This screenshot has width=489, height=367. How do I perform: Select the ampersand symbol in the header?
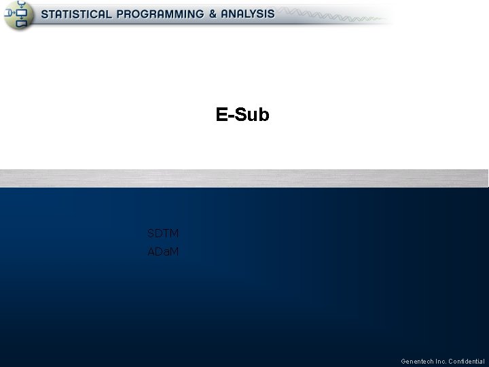click(x=213, y=14)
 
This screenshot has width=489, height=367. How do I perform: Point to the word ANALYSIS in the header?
click(x=248, y=14)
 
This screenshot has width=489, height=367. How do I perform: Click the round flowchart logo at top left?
click(x=18, y=15)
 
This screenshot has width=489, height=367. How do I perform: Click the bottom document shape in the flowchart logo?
click(x=22, y=24)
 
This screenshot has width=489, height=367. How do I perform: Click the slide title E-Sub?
click(x=242, y=115)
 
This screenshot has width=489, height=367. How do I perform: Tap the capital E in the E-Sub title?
click(x=221, y=115)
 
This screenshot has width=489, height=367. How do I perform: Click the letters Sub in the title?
click(x=253, y=115)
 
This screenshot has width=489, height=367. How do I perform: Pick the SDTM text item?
click(x=163, y=234)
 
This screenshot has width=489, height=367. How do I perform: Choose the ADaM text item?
click(x=163, y=252)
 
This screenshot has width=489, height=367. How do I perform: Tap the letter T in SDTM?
click(x=166, y=234)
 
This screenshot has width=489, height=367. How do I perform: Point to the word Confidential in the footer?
click(x=467, y=361)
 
